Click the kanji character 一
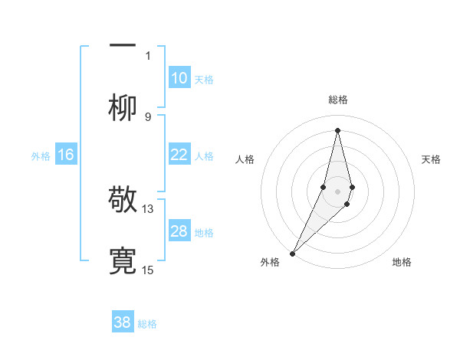click(123, 44)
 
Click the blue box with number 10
click(179, 78)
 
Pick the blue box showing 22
click(179, 155)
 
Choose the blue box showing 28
click(179, 231)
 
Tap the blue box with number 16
click(66, 155)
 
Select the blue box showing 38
click(123, 322)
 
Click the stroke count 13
click(148, 208)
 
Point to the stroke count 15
click(148, 270)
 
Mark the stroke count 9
click(148, 116)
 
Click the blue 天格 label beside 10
click(204, 79)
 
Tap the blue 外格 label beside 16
click(41, 155)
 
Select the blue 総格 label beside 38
click(147, 323)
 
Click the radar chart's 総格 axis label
click(337, 100)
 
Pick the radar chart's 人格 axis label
click(245, 159)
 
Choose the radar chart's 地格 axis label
click(402, 262)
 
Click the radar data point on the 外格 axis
click(292, 252)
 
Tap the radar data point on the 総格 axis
click(337, 129)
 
